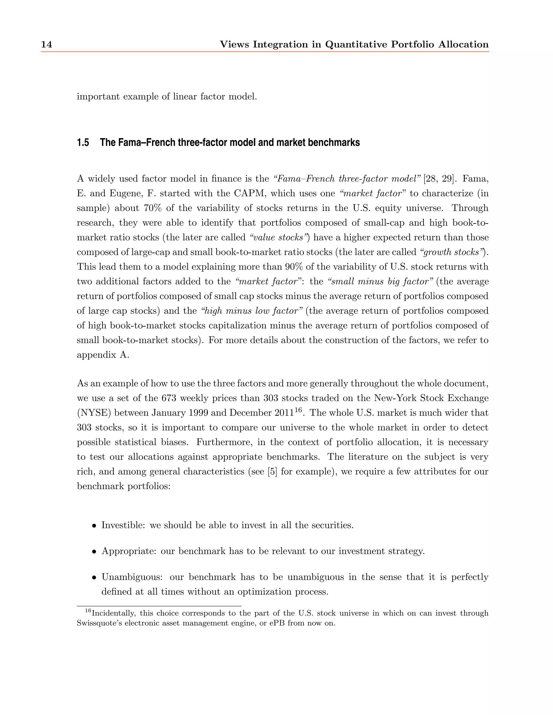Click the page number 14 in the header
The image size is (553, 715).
click(x=46, y=45)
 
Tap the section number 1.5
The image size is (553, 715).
click(x=83, y=143)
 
